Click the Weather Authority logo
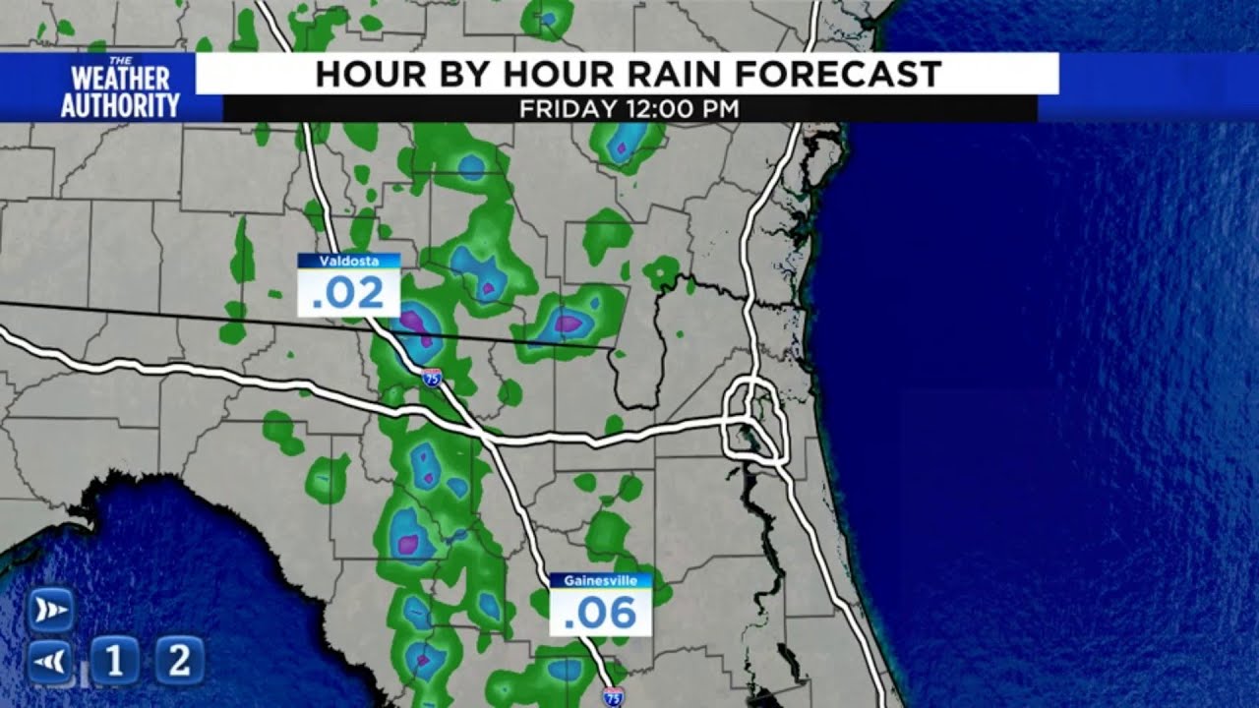pos(120,88)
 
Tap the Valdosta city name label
pos(348,262)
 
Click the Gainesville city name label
pos(600,581)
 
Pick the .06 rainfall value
pos(600,613)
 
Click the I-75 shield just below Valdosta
pos(432,377)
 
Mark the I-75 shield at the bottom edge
pos(612,696)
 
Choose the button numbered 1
pos(115,660)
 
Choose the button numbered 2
pos(179,660)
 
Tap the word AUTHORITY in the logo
pos(120,105)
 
